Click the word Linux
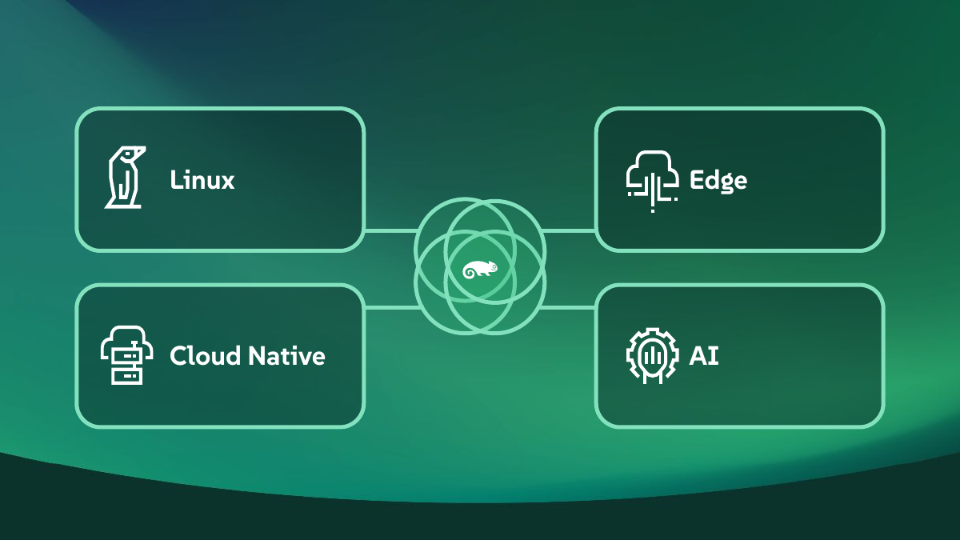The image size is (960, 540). click(x=202, y=179)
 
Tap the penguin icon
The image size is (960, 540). click(x=125, y=178)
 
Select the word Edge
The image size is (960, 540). click(x=718, y=181)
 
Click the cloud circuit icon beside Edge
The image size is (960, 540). click(x=652, y=182)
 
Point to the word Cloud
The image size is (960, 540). click(x=206, y=356)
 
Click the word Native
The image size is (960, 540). click(x=286, y=356)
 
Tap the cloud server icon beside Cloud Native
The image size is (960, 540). click(x=127, y=355)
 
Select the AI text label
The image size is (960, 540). click(x=704, y=356)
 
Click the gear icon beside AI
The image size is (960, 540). click(x=652, y=356)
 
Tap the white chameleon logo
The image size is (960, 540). click(x=480, y=270)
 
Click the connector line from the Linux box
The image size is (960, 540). click(x=391, y=231)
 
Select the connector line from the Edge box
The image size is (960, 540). click(x=569, y=231)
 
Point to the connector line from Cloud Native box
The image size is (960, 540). click(x=392, y=307)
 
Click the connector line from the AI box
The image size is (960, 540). click(x=568, y=307)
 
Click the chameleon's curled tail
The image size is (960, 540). click(x=470, y=273)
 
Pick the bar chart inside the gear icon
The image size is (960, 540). click(x=652, y=355)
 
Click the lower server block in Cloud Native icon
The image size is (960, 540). click(x=127, y=376)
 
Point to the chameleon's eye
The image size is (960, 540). click(x=494, y=267)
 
